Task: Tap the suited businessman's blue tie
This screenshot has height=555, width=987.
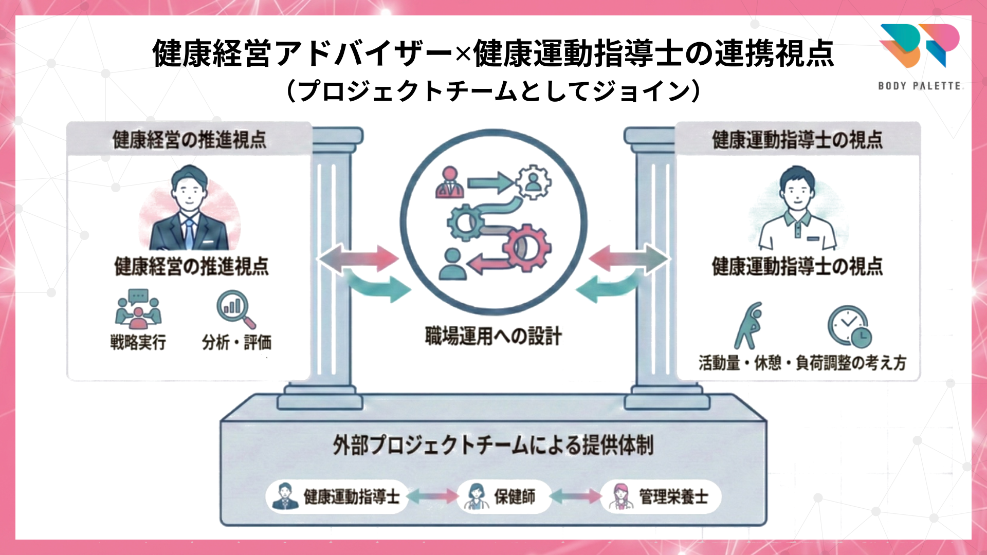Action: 189,234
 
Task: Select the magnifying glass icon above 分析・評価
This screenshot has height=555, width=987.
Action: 235,309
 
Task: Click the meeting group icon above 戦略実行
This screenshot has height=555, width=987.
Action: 138,309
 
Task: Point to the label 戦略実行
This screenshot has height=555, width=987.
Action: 138,342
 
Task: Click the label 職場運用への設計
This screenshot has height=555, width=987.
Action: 493,336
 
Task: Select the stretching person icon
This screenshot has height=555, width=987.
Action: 747,326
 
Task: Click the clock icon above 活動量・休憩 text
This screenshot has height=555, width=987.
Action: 849,327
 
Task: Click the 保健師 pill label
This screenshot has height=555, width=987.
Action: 503,496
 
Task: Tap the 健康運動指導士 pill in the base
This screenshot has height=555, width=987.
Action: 337,496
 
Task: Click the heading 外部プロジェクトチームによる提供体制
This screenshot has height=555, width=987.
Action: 493,445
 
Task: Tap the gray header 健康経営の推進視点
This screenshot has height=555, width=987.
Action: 189,139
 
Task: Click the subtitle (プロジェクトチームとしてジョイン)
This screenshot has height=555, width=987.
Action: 493,91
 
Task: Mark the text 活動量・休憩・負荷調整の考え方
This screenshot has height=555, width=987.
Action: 802,363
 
